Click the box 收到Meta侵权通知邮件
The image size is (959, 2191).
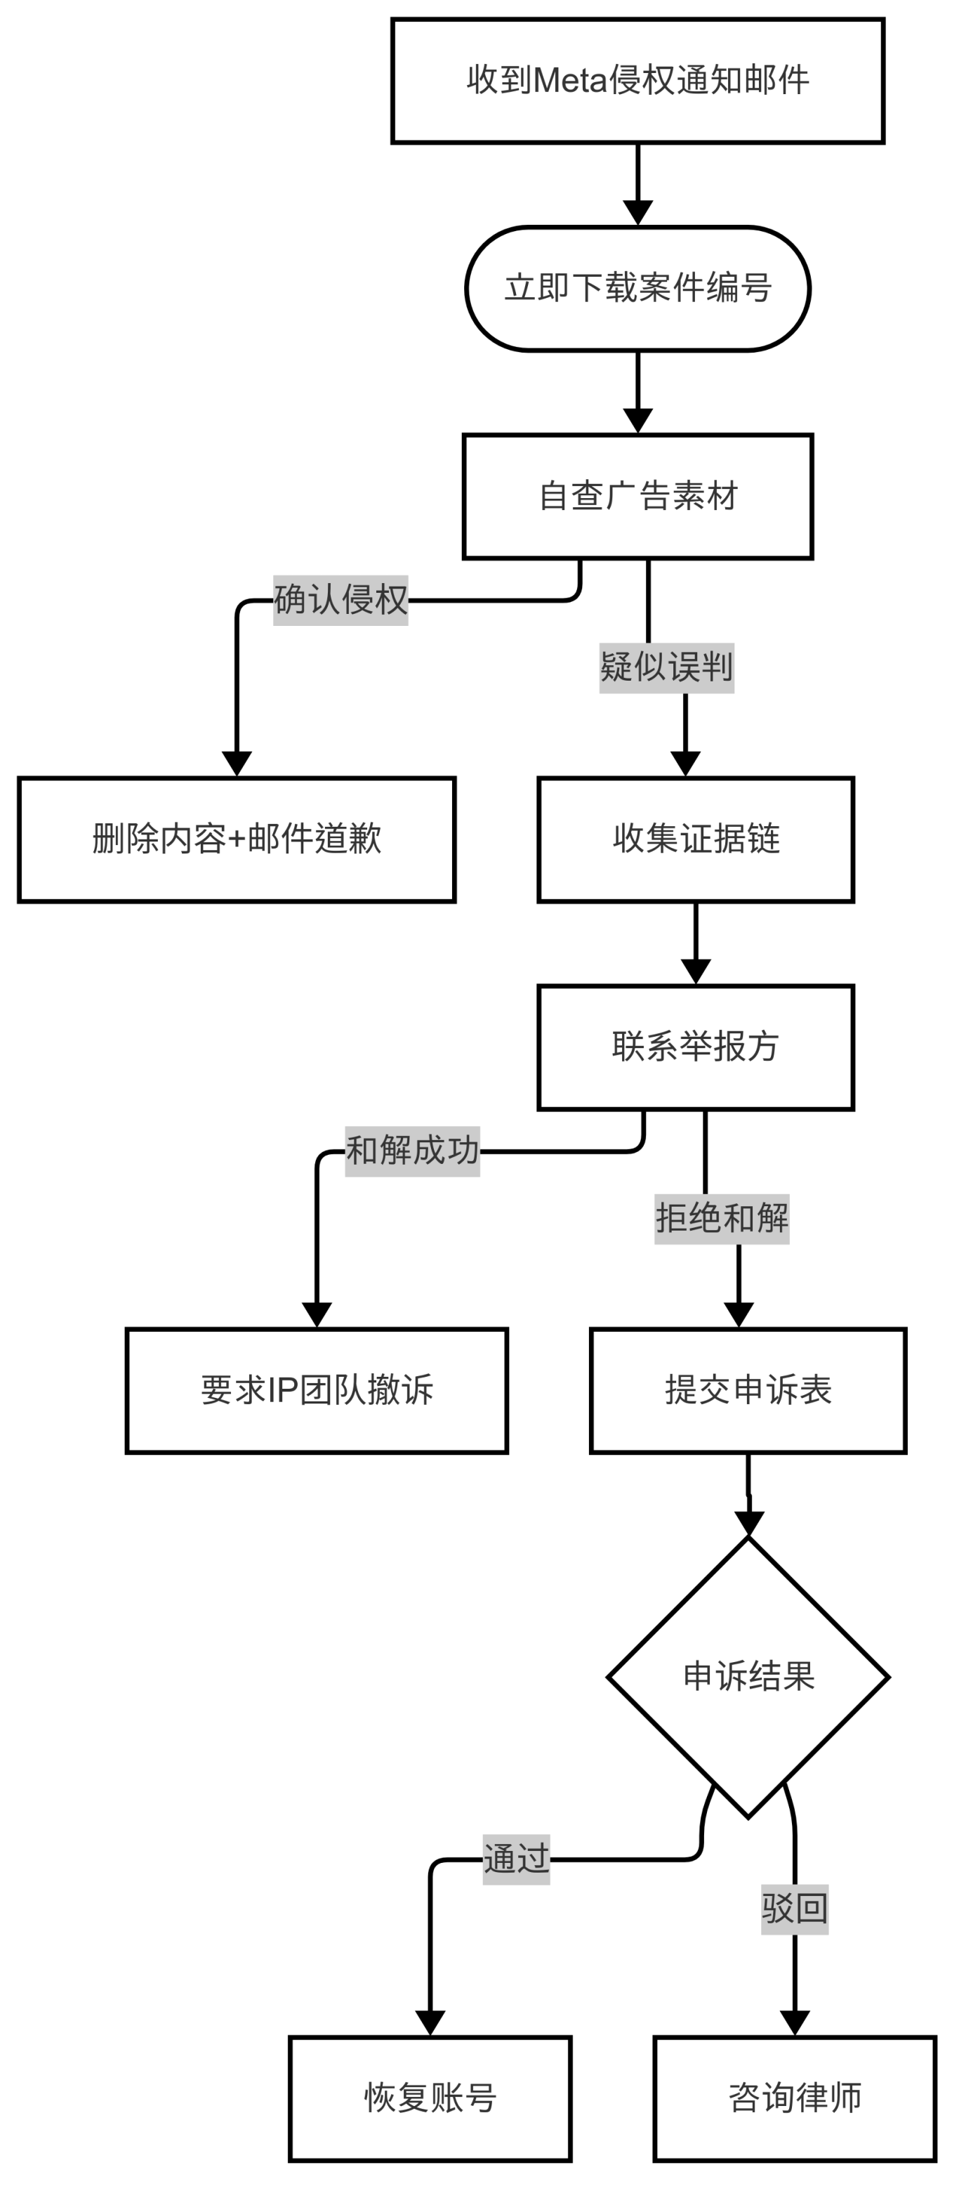tap(637, 81)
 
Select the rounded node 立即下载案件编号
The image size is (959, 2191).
tap(637, 288)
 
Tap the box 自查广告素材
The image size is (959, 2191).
tap(637, 497)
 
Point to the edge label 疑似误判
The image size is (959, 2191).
tap(666, 667)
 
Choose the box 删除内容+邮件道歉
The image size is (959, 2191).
tap(237, 839)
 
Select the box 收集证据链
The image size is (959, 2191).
tap(696, 839)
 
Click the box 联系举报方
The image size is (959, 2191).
tap(696, 1047)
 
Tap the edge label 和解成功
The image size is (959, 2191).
tap(412, 1151)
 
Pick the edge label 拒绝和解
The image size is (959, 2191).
tap(722, 1219)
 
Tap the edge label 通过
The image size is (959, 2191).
tap(516, 1859)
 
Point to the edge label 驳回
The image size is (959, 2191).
tap(794, 1909)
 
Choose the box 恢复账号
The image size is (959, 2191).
tap(430, 2098)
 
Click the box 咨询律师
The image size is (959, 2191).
tap(795, 2098)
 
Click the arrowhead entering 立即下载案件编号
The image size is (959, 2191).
tap(637, 214)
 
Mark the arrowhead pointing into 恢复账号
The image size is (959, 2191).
tap(430, 2022)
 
